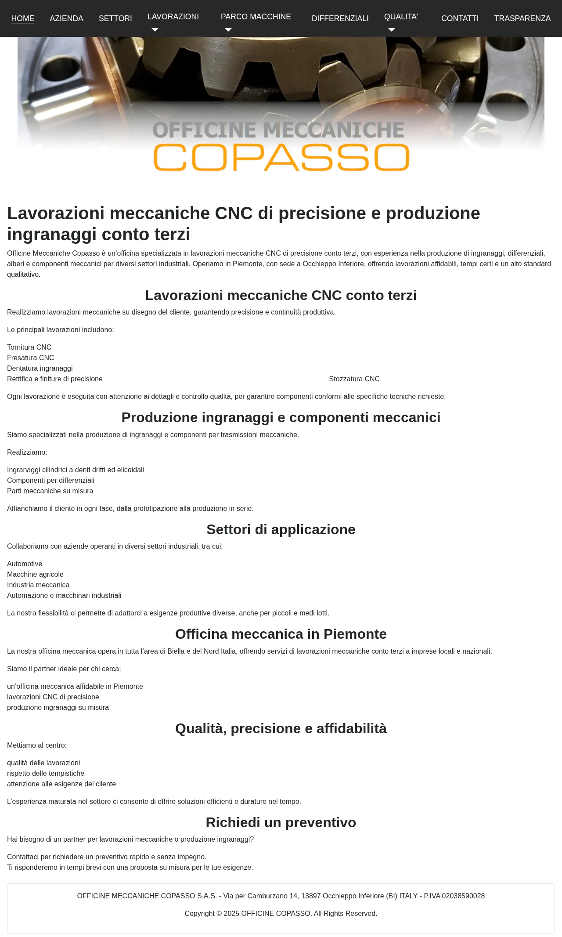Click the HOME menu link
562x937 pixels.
pyautogui.click(x=23, y=18)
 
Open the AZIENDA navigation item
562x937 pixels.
pyautogui.click(x=66, y=18)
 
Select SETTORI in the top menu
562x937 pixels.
pyautogui.click(x=115, y=18)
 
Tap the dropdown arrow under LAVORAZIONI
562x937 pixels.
pyautogui.click(x=155, y=30)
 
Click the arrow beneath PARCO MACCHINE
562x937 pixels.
pyautogui.click(x=228, y=30)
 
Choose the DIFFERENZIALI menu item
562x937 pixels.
pyautogui.click(x=340, y=18)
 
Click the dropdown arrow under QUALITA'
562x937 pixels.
pyautogui.click(x=392, y=30)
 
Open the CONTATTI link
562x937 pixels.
pyautogui.click(x=460, y=18)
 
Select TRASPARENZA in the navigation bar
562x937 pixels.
pyautogui.click(x=522, y=18)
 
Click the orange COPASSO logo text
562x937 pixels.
pyautogui.click(x=281, y=157)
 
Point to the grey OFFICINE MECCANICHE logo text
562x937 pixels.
pyautogui.click(x=278, y=130)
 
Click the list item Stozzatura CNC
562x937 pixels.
pyautogui.click(x=354, y=379)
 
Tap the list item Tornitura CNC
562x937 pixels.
pyautogui.click(x=29, y=347)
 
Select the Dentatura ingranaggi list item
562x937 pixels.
pyautogui.click(x=40, y=369)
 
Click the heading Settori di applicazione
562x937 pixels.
pyautogui.click(x=281, y=529)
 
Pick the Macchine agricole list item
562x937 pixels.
pyautogui.click(x=36, y=575)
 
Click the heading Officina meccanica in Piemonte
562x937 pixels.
pyautogui.click(x=281, y=634)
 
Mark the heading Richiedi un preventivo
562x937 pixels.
pyautogui.click(x=281, y=822)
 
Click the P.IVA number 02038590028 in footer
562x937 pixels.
pyautogui.click(x=463, y=896)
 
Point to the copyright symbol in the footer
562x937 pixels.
pyautogui.click(x=219, y=914)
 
